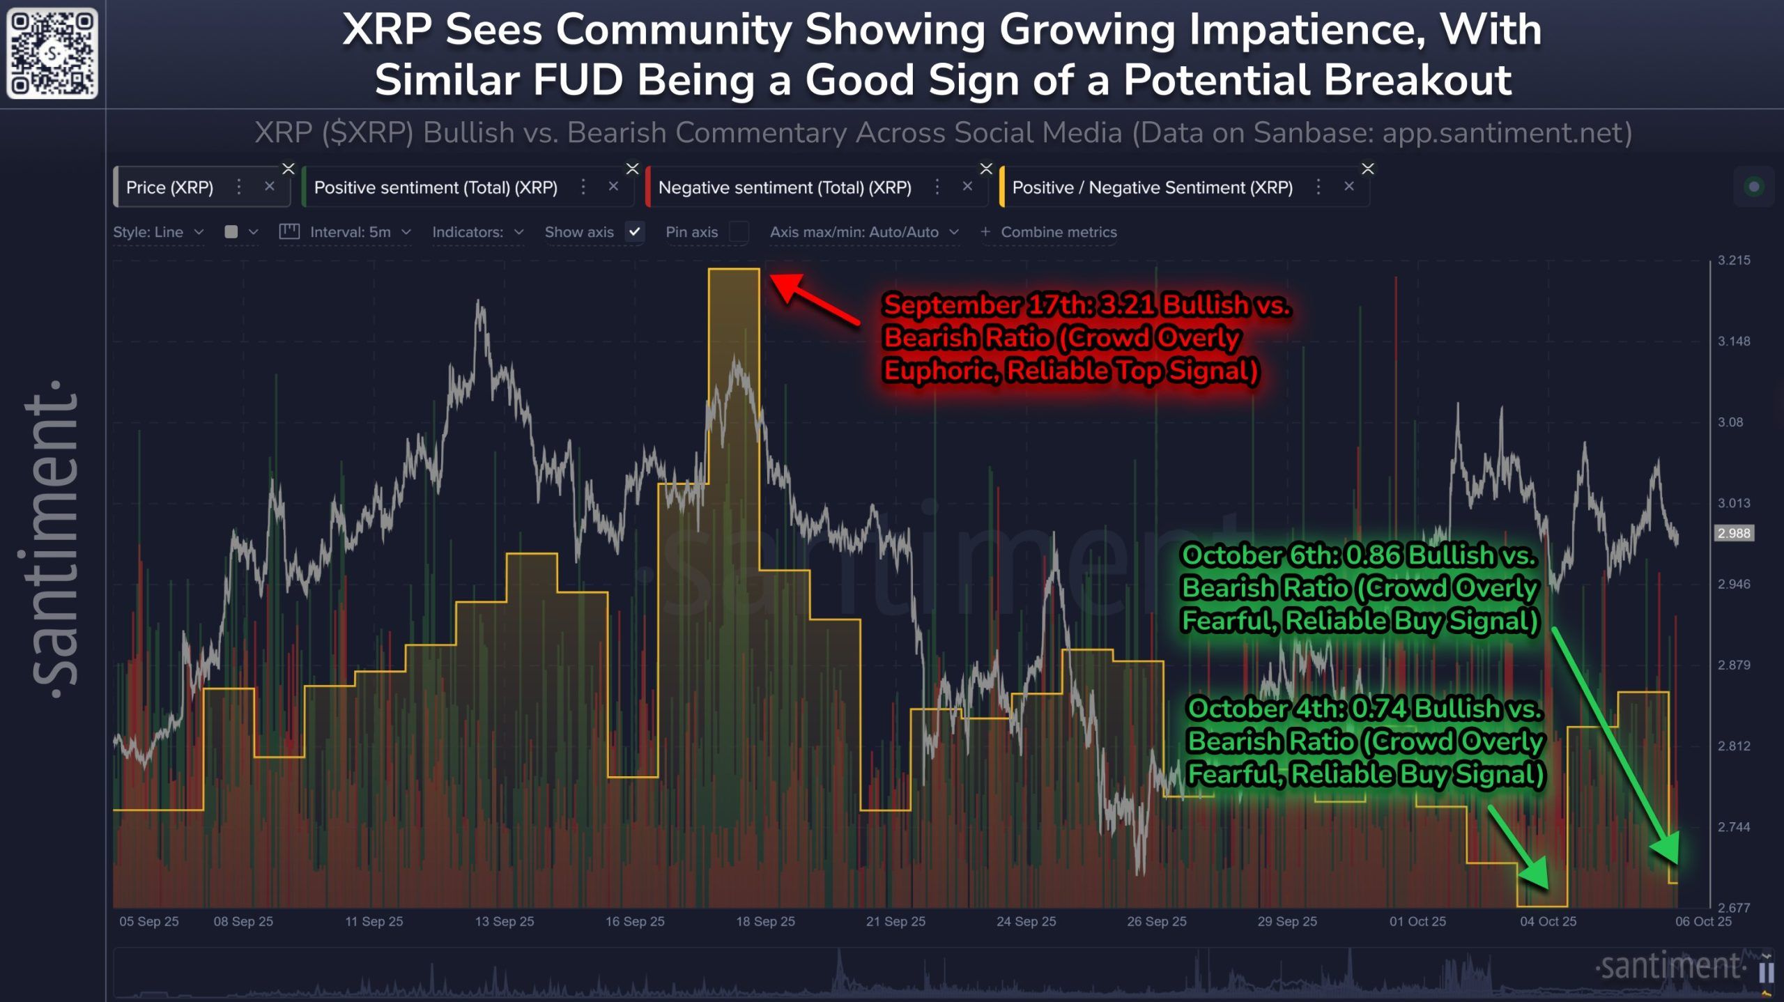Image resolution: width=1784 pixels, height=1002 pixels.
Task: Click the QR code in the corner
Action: (x=52, y=53)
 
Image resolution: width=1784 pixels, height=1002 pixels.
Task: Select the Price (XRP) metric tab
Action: (x=169, y=187)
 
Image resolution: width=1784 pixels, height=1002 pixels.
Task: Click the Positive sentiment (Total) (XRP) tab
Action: (x=436, y=187)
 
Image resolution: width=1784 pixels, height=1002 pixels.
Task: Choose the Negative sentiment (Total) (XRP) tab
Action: (x=785, y=187)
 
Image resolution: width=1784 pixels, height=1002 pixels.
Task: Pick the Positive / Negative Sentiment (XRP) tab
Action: (x=1152, y=187)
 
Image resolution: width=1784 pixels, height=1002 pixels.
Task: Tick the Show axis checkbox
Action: (x=634, y=232)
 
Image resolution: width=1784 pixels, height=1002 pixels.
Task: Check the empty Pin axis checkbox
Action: (x=739, y=232)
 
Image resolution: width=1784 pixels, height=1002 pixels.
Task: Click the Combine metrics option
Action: (x=1058, y=232)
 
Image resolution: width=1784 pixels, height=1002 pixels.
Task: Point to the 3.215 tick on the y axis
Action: (x=1733, y=261)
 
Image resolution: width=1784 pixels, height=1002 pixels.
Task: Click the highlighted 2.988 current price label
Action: (x=1733, y=534)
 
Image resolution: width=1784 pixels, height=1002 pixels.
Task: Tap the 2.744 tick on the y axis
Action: (x=1733, y=827)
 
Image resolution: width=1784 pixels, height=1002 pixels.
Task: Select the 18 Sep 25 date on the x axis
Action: (x=765, y=921)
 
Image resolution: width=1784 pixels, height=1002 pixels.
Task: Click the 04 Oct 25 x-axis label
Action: (x=1548, y=921)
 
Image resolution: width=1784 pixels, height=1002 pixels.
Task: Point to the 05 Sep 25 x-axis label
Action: (x=149, y=921)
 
